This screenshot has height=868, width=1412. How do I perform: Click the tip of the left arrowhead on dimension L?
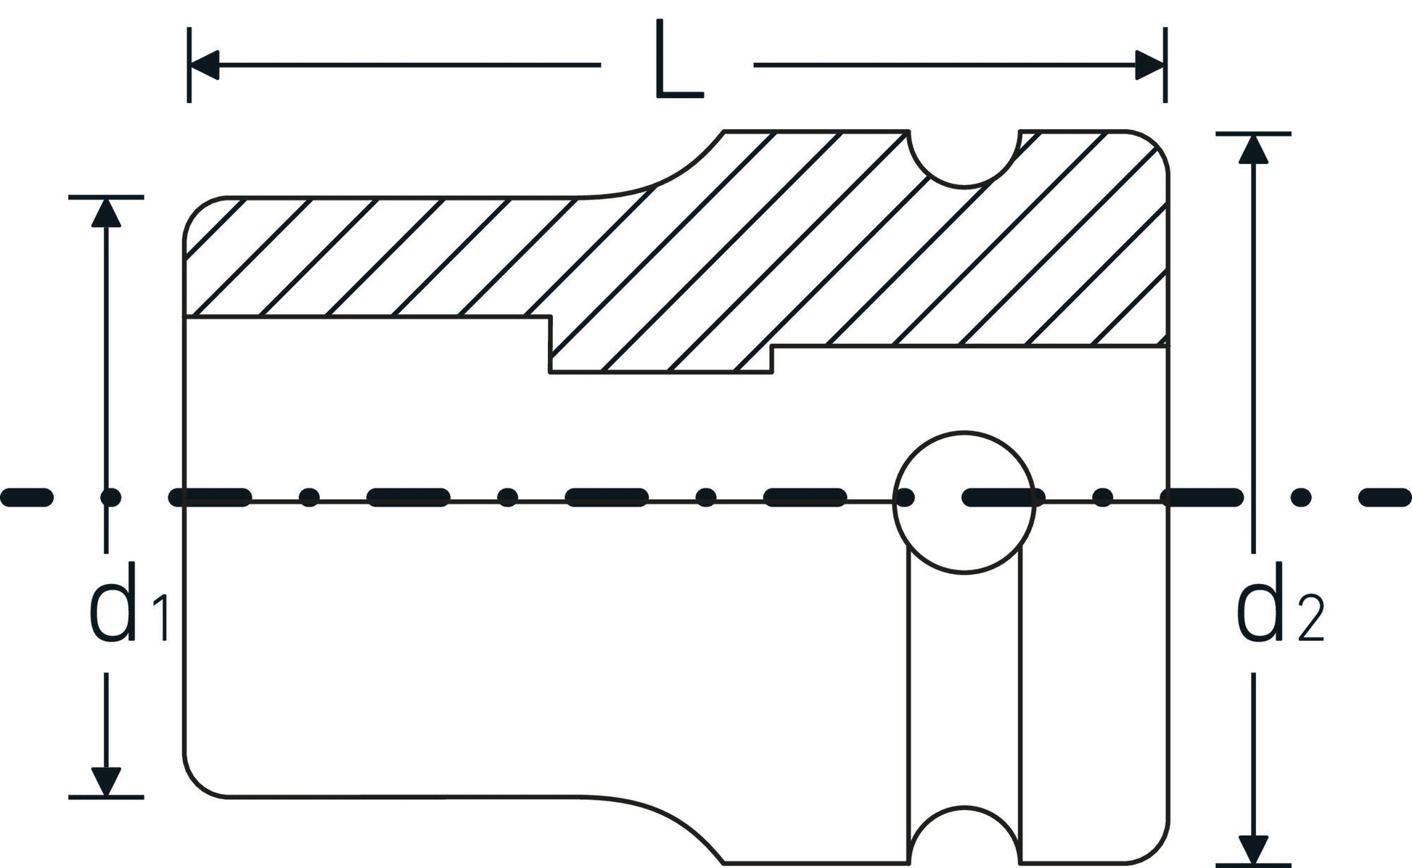click(x=190, y=65)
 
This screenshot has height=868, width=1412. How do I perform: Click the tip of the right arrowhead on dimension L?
click(x=1164, y=65)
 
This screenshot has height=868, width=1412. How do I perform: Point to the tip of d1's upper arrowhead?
click(x=107, y=198)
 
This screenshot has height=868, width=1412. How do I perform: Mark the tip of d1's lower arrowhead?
click(x=107, y=795)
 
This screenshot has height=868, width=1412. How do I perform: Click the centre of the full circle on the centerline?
click(x=964, y=501)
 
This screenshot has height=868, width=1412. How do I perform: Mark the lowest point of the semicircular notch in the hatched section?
click(x=964, y=187)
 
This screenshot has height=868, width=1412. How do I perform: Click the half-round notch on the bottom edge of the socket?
click(x=964, y=806)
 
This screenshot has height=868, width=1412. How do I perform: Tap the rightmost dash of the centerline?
click(x=1385, y=497)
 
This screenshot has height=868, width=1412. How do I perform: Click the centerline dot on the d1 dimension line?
click(x=110, y=497)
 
